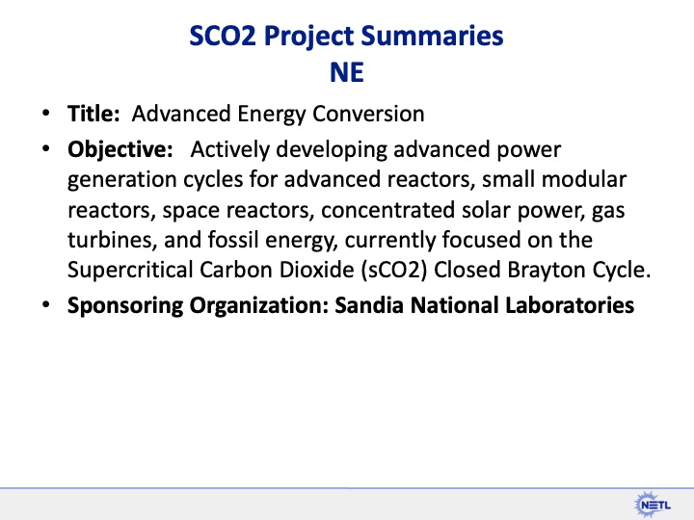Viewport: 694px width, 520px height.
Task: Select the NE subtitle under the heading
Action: [348, 72]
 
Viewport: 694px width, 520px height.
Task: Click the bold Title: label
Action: [93, 114]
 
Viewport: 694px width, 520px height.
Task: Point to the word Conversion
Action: [371, 114]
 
